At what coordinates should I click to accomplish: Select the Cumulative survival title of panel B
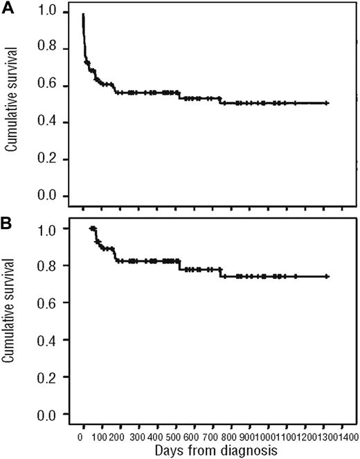[12, 321]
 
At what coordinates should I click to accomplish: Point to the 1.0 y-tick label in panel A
[46, 13]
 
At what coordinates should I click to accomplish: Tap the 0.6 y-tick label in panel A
[46, 87]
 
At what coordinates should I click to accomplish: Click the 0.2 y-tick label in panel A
[46, 160]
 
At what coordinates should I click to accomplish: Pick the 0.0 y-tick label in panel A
[46, 197]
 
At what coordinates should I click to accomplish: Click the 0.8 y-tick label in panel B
[46, 266]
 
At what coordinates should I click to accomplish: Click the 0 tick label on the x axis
[82, 438]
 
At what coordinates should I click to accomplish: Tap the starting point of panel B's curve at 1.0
[91, 228]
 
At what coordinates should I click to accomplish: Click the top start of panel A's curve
[83, 14]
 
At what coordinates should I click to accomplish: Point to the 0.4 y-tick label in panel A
[46, 123]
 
